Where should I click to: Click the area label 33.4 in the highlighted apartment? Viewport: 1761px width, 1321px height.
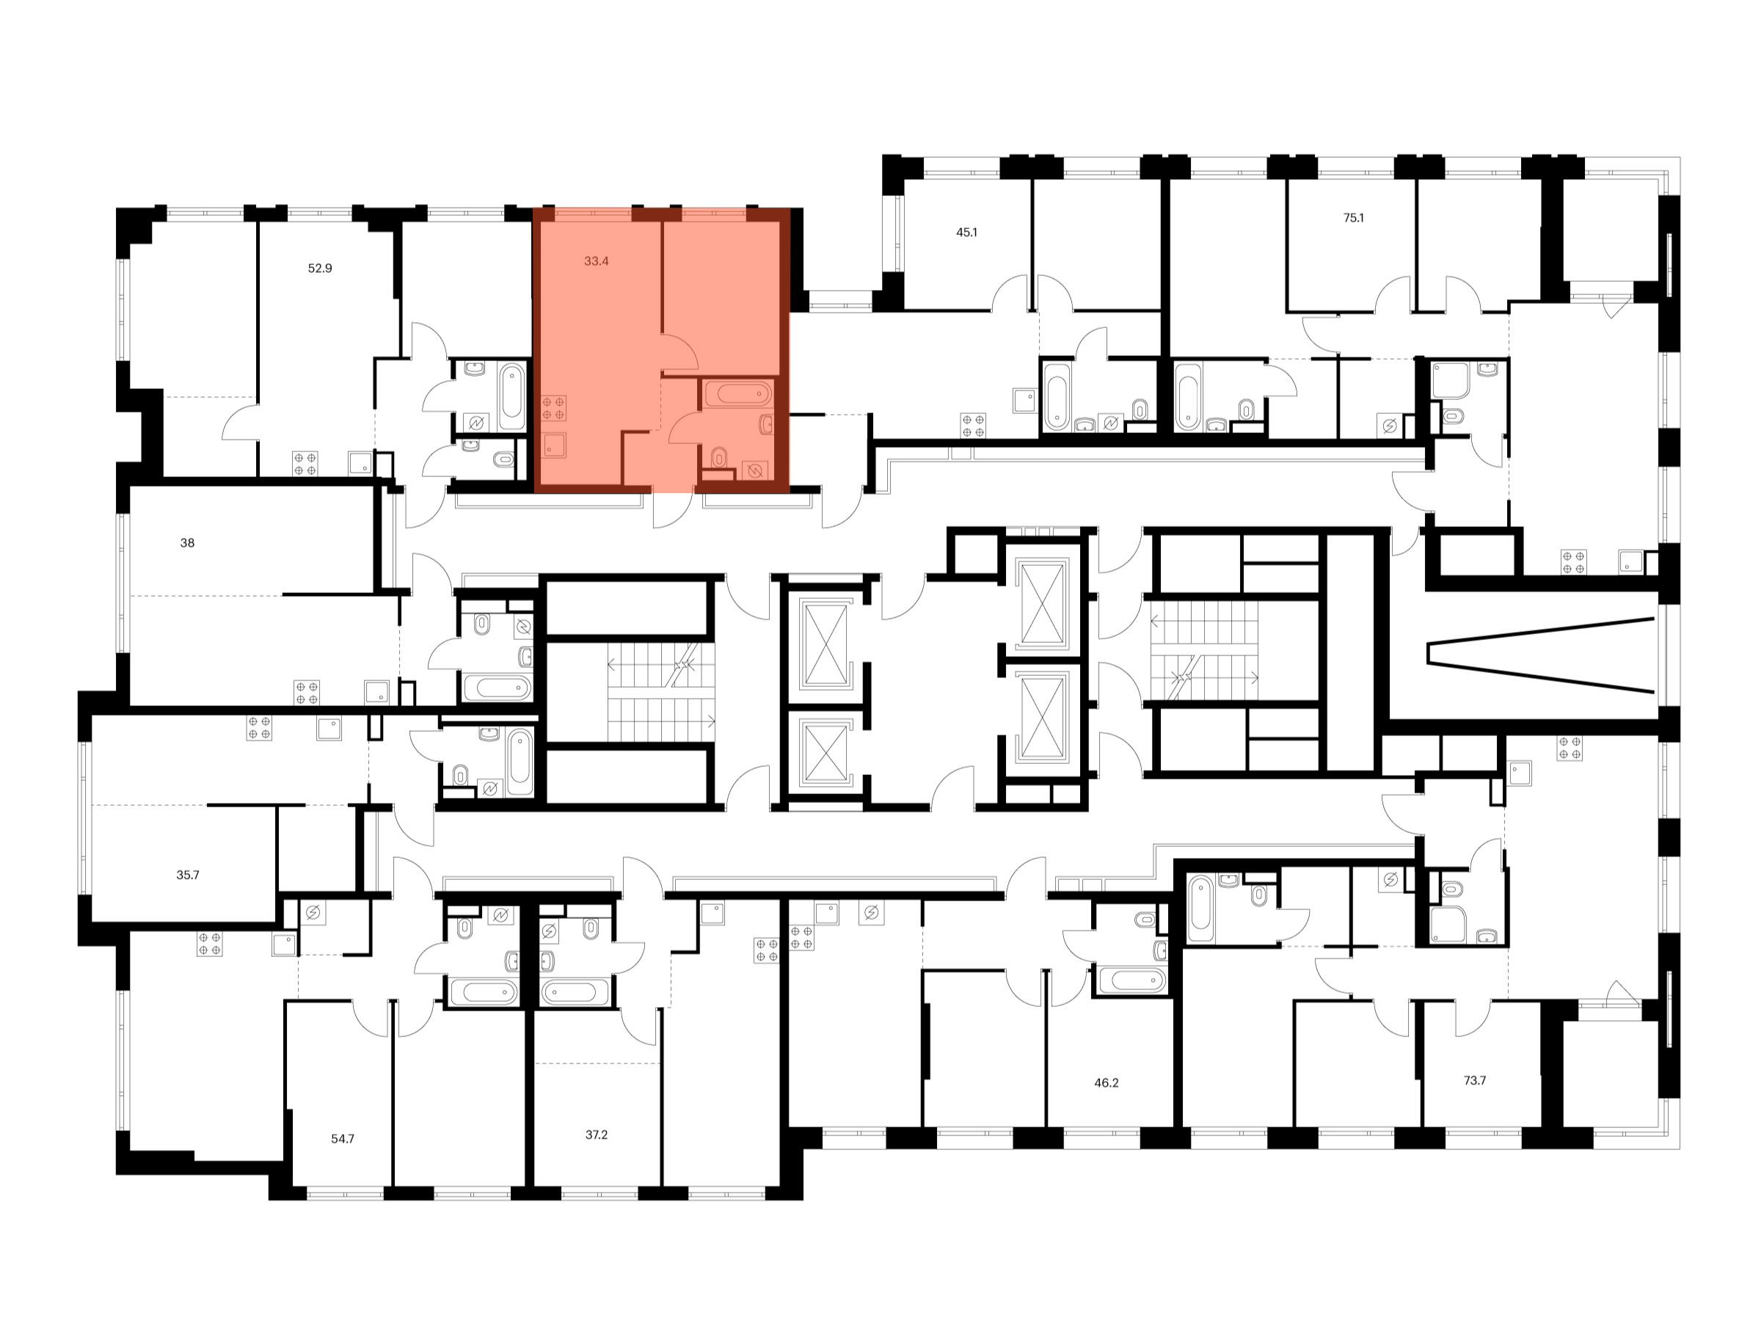point(596,261)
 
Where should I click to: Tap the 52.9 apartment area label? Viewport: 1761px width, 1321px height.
point(319,269)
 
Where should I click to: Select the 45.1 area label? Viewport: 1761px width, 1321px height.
point(966,233)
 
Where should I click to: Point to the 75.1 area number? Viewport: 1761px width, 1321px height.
point(1352,217)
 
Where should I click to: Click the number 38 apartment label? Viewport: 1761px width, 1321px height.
point(187,543)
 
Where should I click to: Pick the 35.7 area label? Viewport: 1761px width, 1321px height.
point(188,875)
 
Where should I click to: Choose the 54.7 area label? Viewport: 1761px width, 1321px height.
point(343,1139)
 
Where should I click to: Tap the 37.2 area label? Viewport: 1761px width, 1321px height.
point(596,1135)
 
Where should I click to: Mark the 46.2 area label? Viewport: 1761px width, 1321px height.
point(1106,1083)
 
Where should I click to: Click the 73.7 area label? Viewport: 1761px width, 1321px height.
point(1473,1080)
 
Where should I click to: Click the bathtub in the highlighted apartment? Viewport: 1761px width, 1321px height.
point(738,393)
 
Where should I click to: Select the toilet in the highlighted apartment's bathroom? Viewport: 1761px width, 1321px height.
point(719,457)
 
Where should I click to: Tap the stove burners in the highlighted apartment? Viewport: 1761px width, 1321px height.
point(554,409)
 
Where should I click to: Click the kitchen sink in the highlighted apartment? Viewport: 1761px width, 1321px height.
point(554,445)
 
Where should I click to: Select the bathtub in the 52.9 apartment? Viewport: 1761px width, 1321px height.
point(512,396)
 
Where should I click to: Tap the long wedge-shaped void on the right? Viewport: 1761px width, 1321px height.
point(1540,655)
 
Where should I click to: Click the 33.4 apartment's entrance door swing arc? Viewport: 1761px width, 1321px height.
point(674,509)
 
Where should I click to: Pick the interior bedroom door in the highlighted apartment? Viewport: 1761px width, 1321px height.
point(679,353)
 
